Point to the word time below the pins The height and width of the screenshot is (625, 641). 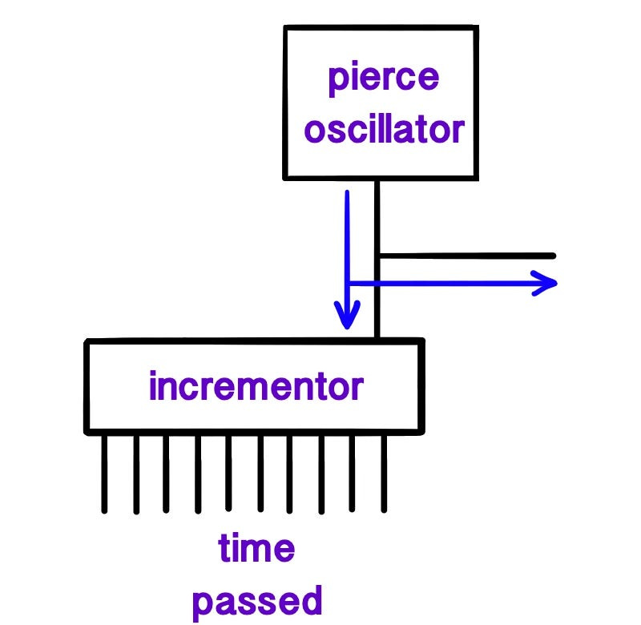[256, 550]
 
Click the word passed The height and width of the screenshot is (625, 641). [258, 599]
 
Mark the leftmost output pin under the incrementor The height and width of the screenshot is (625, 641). [104, 473]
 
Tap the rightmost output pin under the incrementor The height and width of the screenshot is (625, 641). [384, 473]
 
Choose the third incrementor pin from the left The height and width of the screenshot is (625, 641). [166, 473]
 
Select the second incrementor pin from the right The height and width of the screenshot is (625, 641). [353, 473]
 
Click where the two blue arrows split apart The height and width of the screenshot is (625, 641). [348, 283]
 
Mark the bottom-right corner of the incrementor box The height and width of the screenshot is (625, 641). [421, 431]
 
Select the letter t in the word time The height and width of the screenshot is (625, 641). [225, 550]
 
